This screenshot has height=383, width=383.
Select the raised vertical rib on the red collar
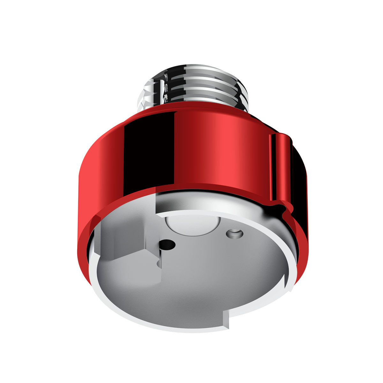pyautogui.click(x=281, y=169)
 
